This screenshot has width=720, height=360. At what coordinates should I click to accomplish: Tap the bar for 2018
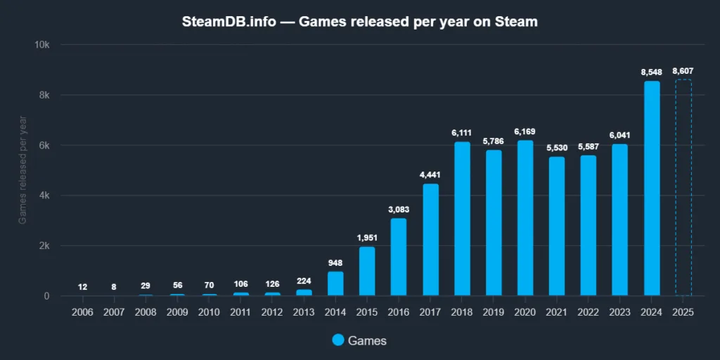(462, 219)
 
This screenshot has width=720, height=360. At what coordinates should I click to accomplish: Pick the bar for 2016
(399, 257)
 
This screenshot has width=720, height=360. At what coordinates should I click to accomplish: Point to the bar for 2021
(557, 226)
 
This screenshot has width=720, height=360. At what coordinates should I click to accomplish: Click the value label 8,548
(652, 72)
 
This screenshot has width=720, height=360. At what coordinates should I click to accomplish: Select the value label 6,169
(525, 131)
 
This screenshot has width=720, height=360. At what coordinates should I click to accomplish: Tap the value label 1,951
(367, 238)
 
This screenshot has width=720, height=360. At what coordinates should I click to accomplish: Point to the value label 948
(335, 263)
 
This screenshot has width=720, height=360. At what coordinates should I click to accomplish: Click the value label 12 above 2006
(83, 287)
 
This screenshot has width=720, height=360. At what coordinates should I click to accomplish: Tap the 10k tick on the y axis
(42, 44)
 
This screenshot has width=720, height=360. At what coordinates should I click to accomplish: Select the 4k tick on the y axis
(44, 195)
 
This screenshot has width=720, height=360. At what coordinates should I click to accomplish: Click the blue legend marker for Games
(337, 340)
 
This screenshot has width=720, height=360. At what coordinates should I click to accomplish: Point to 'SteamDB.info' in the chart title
(226, 22)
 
